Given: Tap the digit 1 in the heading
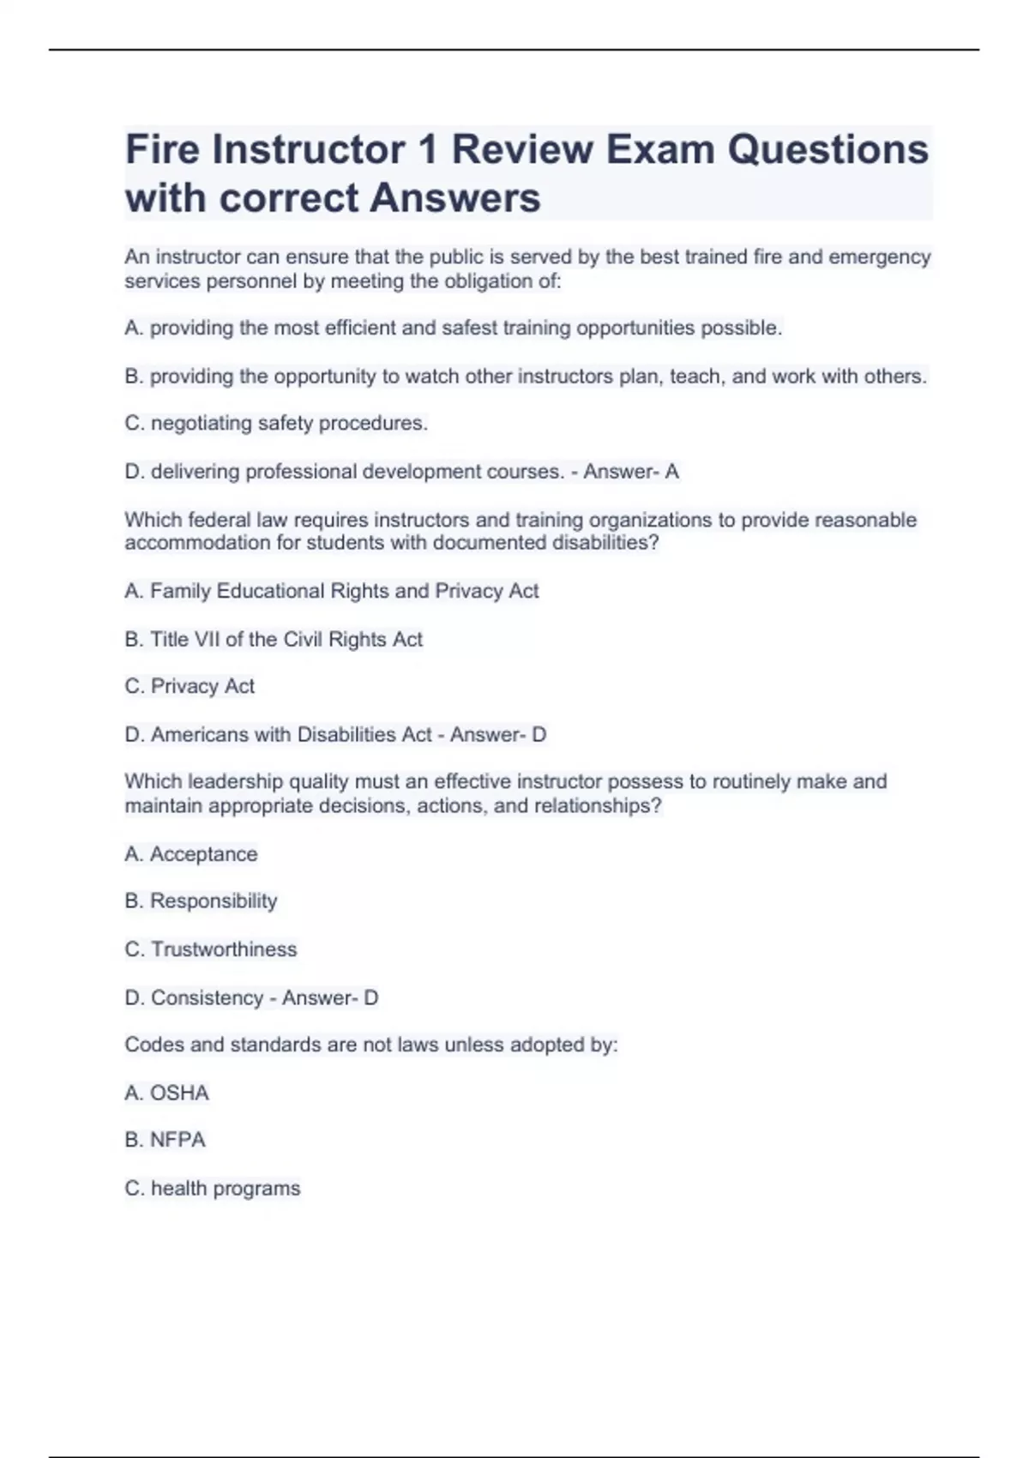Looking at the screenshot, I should point(426,149).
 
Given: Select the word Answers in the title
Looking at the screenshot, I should point(455,198).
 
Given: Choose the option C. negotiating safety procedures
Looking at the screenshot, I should point(276,424).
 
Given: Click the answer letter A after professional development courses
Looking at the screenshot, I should point(672,472).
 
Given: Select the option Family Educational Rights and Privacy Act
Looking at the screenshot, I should point(332,591).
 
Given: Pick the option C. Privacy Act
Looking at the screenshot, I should point(190,686).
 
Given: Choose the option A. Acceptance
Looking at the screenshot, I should point(191,854).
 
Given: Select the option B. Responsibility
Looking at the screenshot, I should point(201,901).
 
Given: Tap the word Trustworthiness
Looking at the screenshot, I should point(224,949).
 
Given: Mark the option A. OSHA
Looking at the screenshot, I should point(167,1093).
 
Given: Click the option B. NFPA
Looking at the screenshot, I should point(165,1140).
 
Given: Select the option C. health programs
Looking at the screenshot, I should point(213,1189).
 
